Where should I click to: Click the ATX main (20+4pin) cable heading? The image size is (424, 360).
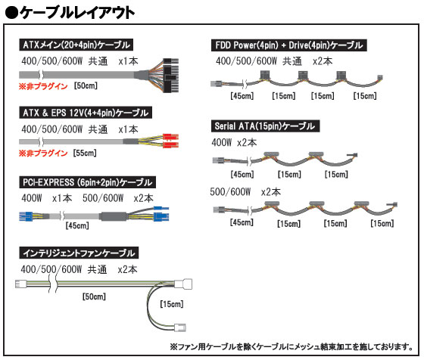click(76, 45)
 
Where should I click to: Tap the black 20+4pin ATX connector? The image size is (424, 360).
click(170, 76)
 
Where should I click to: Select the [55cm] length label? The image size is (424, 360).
click(85, 153)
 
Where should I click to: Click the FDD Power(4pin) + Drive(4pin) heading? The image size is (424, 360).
click(289, 45)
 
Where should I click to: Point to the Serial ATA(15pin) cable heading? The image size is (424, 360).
click(265, 126)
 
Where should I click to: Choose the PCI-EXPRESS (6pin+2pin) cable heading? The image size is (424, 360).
click(87, 182)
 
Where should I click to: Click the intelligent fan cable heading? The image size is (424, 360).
click(79, 253)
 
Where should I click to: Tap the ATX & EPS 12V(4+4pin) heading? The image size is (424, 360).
click(86, 113)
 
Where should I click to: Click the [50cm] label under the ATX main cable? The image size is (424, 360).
click(86, 86)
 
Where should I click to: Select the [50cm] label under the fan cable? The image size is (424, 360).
click(94, 296)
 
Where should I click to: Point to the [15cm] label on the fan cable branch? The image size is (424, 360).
click(172, 304)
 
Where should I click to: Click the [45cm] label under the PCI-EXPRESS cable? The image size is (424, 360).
click(77, 225)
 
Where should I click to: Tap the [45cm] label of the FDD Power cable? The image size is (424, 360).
click(242, 95)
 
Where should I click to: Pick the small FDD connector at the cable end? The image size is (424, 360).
click(380, 78)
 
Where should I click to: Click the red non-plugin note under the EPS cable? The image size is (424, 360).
click(43, 153)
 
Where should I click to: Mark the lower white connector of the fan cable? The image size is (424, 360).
click(180, 327)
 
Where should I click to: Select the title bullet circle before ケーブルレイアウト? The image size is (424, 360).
click(11, 13)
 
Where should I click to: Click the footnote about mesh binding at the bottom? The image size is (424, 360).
click(291, 346)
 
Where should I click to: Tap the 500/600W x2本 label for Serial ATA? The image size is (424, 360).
click(245, 192)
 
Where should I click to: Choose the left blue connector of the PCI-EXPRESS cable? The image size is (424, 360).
click(26, 216)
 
